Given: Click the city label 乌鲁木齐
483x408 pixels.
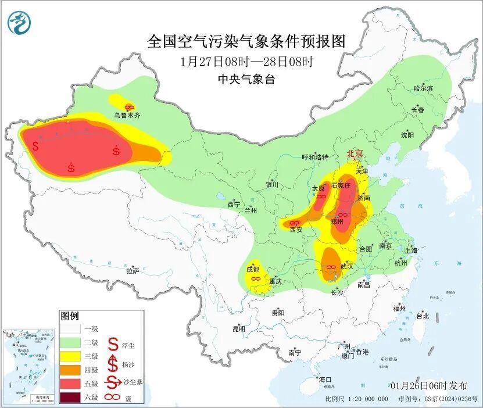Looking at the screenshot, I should pos(127,116).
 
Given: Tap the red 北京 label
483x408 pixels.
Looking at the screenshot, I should pos(355,153).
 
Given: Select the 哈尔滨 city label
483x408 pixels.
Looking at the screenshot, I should pos(423,88).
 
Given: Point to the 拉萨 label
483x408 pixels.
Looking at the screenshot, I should pos(133,270).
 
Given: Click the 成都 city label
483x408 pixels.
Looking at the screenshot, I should pos(252,269).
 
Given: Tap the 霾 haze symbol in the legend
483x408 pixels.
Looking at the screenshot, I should pos(113,398).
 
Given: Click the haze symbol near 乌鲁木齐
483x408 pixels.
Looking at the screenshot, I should pos(130,106).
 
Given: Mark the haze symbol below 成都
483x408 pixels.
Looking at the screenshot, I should pos(254,279).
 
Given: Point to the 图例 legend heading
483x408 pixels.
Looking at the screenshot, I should pos(69,316).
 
